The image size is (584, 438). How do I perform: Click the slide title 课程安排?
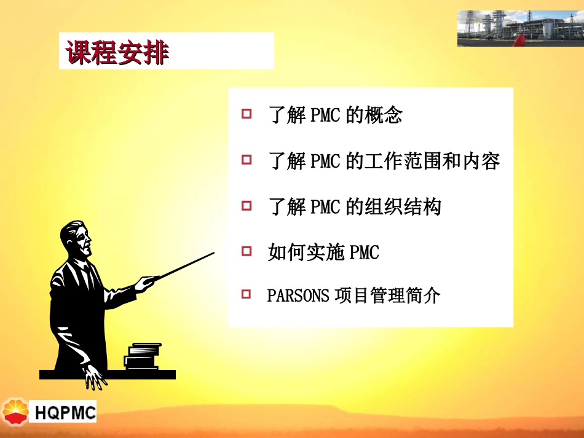117,52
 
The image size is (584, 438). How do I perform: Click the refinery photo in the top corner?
520,28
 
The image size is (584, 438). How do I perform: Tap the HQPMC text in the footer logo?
65,412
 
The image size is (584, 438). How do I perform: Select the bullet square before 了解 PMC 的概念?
247,114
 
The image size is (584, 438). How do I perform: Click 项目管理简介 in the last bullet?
387,296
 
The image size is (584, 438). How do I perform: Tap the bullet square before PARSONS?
247,295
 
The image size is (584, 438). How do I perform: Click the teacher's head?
76,240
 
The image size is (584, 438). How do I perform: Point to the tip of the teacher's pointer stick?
213,253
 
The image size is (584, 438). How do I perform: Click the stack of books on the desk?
143,356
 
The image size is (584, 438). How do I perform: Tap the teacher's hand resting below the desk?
95,375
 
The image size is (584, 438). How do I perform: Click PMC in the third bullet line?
325,207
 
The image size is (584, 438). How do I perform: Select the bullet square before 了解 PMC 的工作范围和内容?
247,160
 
